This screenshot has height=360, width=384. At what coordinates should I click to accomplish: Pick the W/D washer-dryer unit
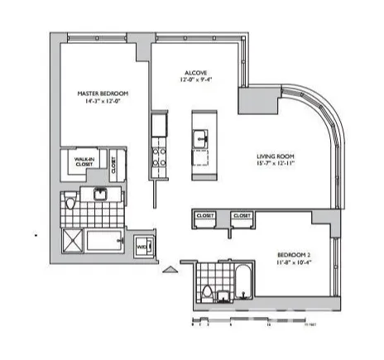[142, 246]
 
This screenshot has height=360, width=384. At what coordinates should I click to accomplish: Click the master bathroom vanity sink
[101, 195]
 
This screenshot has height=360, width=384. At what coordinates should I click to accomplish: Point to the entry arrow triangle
[170, 268]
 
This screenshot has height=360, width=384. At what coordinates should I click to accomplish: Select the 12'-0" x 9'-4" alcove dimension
[196, 80]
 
